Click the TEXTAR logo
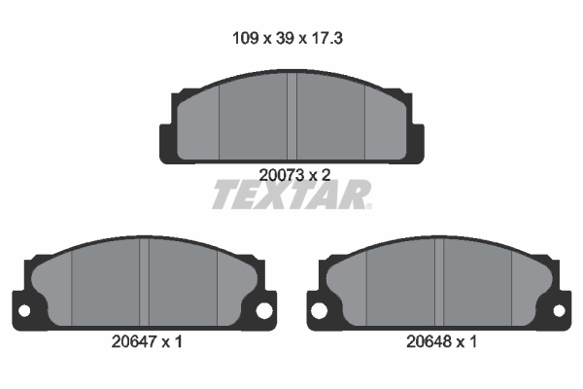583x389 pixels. pyautogui.click(x=291, y=194)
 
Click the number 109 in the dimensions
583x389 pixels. pyautogui.click(x=245, y=38)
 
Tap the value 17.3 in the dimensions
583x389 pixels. pyautogui.click(x=326, y=38)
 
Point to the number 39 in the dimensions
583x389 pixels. pyautogui.click(x=285, y=38)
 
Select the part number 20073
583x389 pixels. pyautogui.click(x=282, y=175)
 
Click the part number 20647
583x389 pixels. pyautogui.click(x=134, y=341)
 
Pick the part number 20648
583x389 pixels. pyautogui.click(x=429, y=341)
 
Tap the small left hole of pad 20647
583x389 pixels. pyautogui.click(x=24, y=311)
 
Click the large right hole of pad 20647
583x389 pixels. pyautogui.click(x=264, y=310)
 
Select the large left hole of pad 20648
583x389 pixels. pyautogui.click(x=319, y=310)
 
